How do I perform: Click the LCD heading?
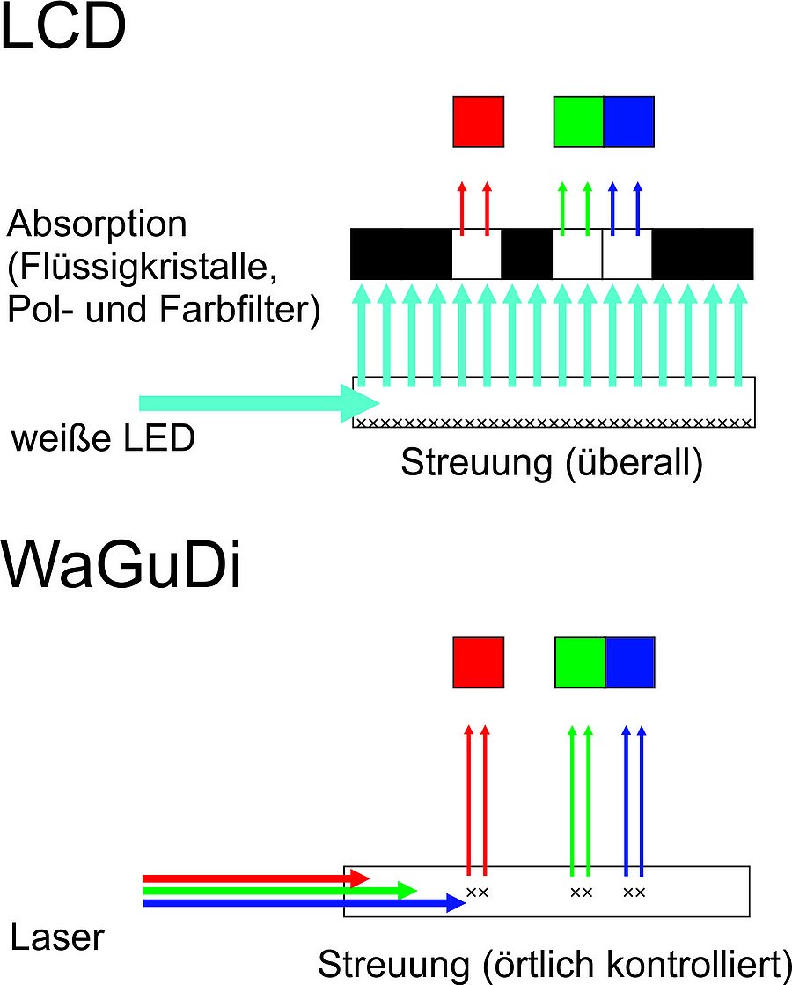tap(63, 28)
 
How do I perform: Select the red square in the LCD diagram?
tap(478, 121)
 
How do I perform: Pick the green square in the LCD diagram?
tap(578, 121)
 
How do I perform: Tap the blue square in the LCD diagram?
tap(629, 121)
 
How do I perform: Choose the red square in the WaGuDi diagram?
tap(478, 662)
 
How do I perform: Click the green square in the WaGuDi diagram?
tap(580, 662)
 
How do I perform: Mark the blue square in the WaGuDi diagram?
tap(630, 662)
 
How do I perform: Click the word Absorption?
tap(97, 225)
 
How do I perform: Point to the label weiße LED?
tap(103, 437)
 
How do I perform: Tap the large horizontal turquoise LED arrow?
tap(255, 403)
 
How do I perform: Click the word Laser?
tap(57, 937)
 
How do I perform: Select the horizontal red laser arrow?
tap(255, 878)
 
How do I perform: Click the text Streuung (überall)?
tap(552, 462)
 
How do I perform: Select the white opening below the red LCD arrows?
tap(476, 255)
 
